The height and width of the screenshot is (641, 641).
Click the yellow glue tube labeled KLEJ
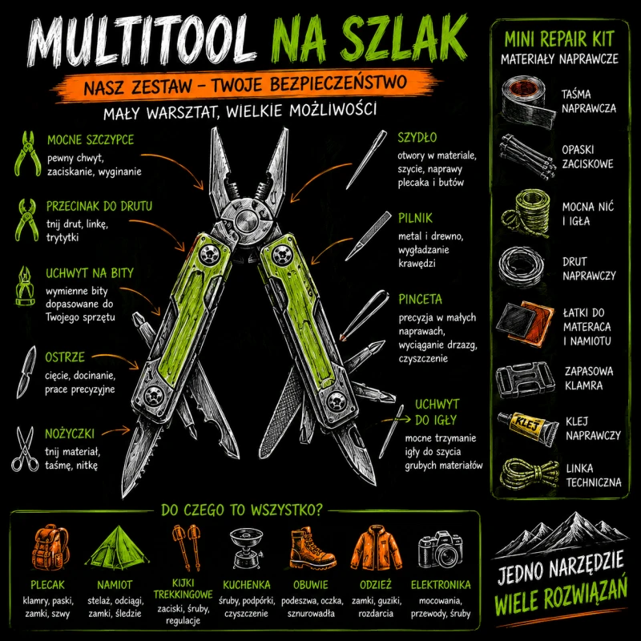(528, 428)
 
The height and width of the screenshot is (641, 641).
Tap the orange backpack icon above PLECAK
(50, 548)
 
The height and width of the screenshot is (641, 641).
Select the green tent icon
(116, 548)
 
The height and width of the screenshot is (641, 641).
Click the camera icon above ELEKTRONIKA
(440, 550)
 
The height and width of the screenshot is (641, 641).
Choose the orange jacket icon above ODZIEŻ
(376, 548)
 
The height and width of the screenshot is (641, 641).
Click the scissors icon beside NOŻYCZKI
(25, 449)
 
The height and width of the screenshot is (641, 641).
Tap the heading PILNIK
(415, 218)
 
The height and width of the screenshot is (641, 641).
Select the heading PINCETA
(420, 299)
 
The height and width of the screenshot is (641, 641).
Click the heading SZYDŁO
(417, 137)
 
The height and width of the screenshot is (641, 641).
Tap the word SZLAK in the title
(403, 38)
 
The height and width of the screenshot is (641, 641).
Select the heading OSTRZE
(65, 357)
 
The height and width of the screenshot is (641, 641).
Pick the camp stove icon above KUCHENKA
(246, 549)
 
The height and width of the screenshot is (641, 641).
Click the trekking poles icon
(187, 547)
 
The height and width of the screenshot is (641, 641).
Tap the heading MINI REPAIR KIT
(558, 39)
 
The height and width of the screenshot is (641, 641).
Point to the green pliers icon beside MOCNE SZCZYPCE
(27, 154)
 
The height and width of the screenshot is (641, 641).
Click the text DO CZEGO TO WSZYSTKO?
(242, 510)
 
